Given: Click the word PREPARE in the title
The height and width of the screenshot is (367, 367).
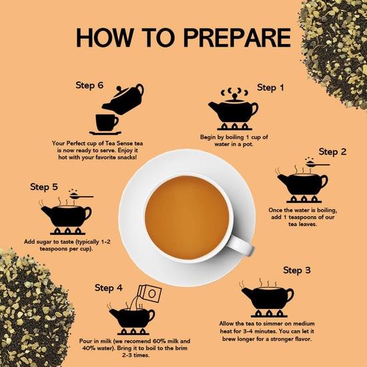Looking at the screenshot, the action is pyautogui.click(x=237, y=37).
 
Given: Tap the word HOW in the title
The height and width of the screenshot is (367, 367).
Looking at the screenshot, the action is pyautogui.click(x=105, y=37).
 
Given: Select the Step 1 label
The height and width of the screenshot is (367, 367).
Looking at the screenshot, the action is pyautogui.click(x=270, y=87).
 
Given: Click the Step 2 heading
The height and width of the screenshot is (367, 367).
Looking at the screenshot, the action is pyautogui.click(x=332, y=151).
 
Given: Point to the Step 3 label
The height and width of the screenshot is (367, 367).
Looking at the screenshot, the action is pyautogui.click(x=296, y=270).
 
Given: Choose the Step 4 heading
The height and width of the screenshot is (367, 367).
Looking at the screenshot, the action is pyautogui.click(x=109, y=288).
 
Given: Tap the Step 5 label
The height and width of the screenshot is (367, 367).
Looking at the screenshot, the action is pyautogui.click(x=44, y=187).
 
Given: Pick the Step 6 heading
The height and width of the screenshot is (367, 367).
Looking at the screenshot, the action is pyautogui.click(x=89, y=85).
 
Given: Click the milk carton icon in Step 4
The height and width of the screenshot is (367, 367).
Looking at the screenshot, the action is pyautogui.click(x=149, y=294).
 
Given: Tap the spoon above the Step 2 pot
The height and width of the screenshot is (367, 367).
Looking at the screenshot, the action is pyautogui.click(x=317, y=164).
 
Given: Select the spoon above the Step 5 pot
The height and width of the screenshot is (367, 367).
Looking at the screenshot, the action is pyautogui.click(x=81, y=196).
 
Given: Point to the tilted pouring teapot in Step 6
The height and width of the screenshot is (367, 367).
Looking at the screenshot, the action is pyautogui.click(x=124, y=99).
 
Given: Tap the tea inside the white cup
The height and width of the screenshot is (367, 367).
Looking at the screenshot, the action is pyautogui.click(x=187, y=218).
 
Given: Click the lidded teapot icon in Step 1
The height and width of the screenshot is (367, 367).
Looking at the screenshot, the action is pyautogui.click(x=234, y=109).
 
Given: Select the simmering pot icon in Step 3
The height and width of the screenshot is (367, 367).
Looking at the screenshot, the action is pyautogui.click(x=268, y=298).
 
